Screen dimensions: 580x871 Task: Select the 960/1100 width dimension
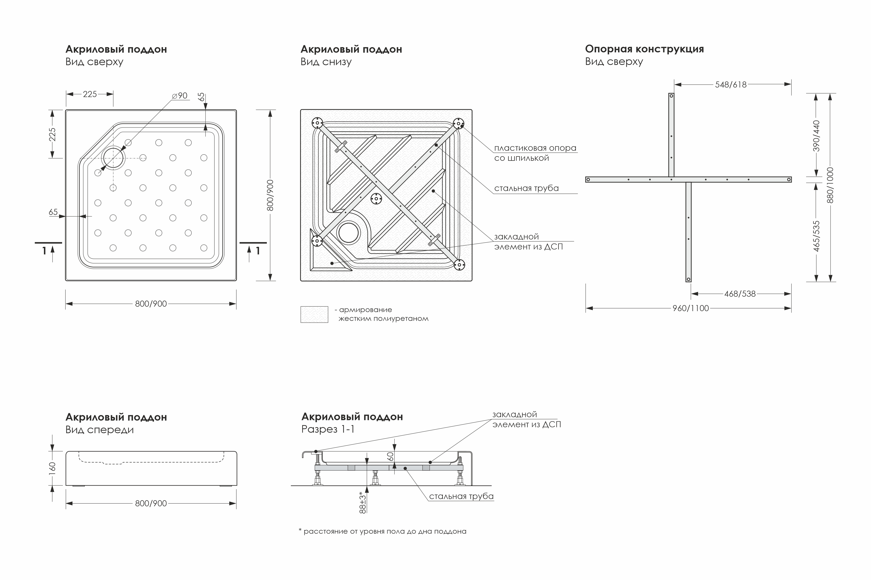point(690,308)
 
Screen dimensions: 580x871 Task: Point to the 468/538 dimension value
point(740,294)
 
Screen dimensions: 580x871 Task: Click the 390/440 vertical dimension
point(816,136)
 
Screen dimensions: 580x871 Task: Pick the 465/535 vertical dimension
point(816,236)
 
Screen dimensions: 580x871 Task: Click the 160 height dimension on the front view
point(52,468)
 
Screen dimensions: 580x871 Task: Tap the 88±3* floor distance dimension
point(363,502)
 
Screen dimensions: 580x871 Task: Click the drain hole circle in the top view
point(113,158)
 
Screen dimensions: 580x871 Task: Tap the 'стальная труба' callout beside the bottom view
point(526,188)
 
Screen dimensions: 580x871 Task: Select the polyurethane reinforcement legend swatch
point(314,314)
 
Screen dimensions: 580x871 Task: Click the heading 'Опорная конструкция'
point(644,49)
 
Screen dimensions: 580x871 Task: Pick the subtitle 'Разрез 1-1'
point(328,430)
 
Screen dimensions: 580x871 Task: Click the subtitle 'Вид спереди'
point(99,430)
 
